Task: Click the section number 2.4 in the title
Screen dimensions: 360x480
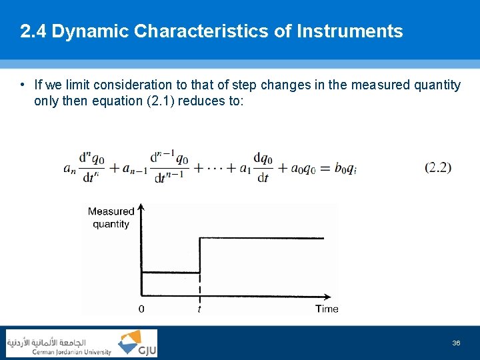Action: pos(33,31)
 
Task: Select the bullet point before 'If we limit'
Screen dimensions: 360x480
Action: pos(23,85)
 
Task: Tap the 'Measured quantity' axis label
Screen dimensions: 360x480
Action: pos(111,217)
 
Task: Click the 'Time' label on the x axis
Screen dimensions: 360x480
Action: pos(327,309)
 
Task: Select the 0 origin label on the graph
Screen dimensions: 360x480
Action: pos(141,309)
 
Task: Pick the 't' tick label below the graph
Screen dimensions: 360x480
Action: pos(199,309)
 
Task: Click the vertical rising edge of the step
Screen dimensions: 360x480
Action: pos(200,255)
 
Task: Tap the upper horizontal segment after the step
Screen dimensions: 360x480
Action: pos(260,238)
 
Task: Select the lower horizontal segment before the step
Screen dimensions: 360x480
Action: pos(171,272)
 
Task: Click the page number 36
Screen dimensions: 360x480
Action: pos(456,343)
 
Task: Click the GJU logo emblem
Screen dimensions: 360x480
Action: pos(129,343)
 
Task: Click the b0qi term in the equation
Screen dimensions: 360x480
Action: pos(343,168)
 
